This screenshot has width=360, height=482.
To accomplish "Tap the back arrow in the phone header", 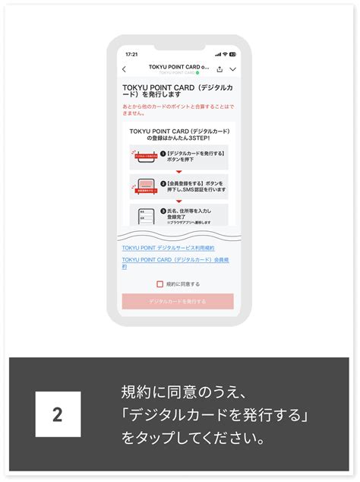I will click(x=125, y=69).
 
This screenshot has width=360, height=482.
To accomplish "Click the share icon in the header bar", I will click(x=219, y=69).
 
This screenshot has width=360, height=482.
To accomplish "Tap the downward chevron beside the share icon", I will click(x=232, y=69).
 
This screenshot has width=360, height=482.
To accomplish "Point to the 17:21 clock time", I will click(x=131, y=54).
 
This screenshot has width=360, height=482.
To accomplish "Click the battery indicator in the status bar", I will click(x=232, y=54).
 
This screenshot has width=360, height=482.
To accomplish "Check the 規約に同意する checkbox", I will click(x=159, y=284).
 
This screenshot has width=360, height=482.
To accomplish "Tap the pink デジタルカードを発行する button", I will click(x=178, y=301).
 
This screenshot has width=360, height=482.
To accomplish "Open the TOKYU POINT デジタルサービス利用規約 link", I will click(x=168, y=248).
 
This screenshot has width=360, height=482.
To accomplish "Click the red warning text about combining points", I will click(x=178, y=110).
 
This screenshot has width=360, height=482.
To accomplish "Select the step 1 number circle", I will click(x=163, y=154).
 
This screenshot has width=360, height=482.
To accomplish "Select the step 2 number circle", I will click(x=163, y=183).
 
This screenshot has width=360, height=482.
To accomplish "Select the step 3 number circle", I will click(x=163, y=211).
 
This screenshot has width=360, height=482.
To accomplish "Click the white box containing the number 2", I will click(x=58, y=414).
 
